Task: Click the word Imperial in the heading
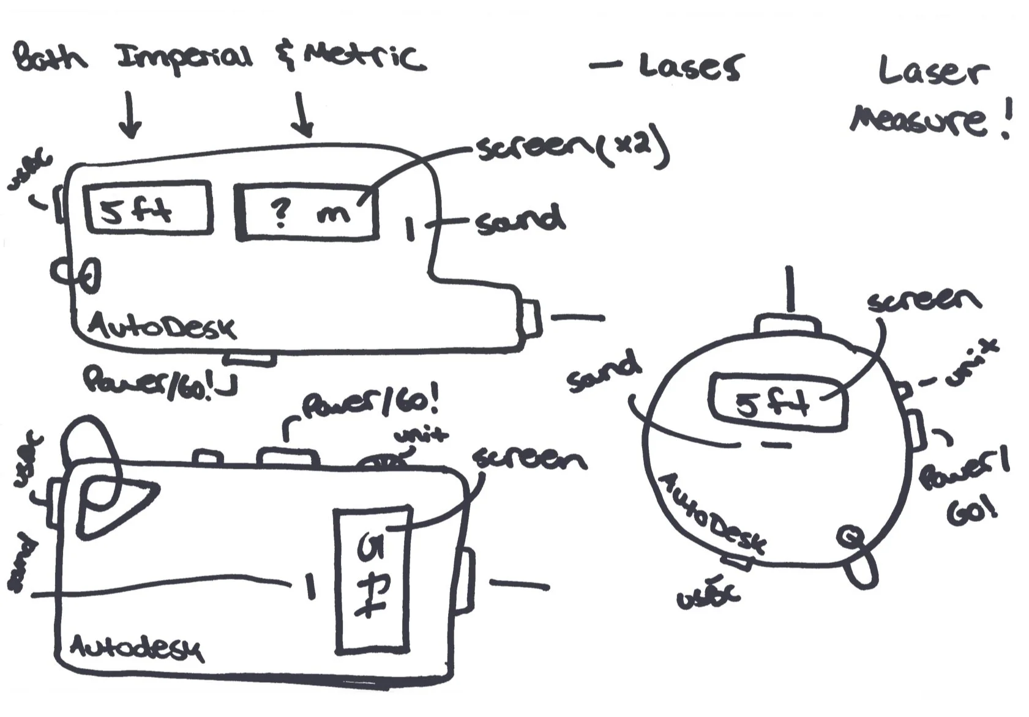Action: pyautogui.click(x=184, y=58)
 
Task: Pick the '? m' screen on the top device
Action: pyautogui.click(x=307, y=212)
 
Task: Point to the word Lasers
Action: pyautogui.click(x=690, y=66)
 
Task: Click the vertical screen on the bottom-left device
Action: pyautogui.click(x=372, y=578)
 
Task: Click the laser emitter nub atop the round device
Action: pyautogui.click(x=790, y=325)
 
